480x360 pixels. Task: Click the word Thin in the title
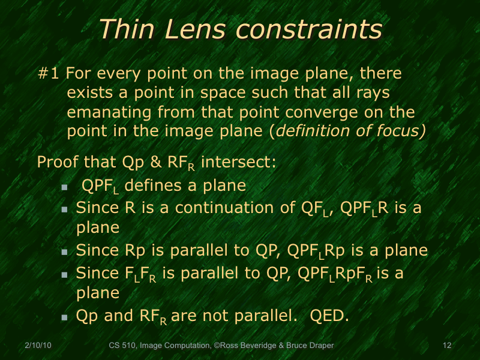point(125,29)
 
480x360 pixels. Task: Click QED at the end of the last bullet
point(328,316)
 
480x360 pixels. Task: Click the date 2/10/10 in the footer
point(38,346)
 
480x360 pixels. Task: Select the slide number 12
point(446,346)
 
